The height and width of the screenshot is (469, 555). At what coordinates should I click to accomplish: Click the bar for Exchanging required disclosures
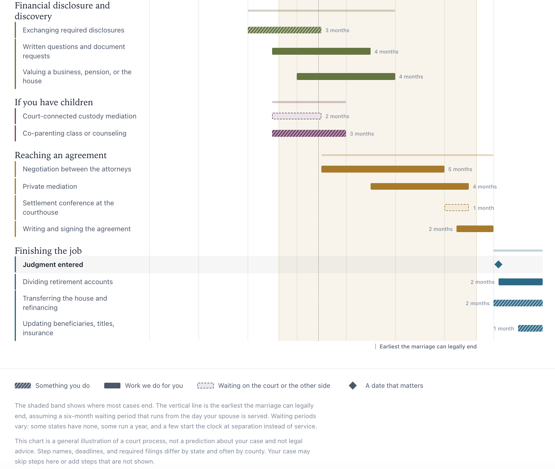point(284,30)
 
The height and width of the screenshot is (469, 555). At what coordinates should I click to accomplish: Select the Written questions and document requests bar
point(321,51)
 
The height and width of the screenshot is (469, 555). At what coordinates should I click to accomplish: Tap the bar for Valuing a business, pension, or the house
point(346,76)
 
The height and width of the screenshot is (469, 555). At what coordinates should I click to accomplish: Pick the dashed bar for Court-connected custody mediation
point(297,116)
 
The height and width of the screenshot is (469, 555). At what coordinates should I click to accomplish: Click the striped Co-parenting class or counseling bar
point(309,133)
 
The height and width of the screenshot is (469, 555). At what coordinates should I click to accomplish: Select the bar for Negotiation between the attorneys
point(383,169)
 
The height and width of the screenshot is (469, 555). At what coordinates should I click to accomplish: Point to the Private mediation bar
point(420,186)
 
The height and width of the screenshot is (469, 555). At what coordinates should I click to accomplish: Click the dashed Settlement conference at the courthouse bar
point(456,208)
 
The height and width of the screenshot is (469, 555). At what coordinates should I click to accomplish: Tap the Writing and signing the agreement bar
point(475,229)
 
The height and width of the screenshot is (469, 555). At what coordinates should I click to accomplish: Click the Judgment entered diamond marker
point(498,265)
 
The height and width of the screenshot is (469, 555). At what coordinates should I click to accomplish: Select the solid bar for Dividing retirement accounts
point(520,282)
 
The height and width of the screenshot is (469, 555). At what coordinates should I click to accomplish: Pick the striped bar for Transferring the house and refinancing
point(518,303)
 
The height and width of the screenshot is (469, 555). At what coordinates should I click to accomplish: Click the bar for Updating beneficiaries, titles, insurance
point(530,328)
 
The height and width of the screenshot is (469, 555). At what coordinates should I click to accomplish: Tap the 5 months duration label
point(460,169)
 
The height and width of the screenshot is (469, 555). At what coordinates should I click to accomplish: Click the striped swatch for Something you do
point(23,386)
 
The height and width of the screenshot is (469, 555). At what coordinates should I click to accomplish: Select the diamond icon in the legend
point(353,386)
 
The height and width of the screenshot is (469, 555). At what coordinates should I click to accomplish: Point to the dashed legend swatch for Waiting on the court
point(205,386)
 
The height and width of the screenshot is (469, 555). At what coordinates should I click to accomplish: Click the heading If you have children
point(54,102)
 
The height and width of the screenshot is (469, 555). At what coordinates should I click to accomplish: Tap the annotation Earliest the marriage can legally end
point(428,347)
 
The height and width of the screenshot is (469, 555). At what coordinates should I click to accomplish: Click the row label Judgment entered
point(53,265)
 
